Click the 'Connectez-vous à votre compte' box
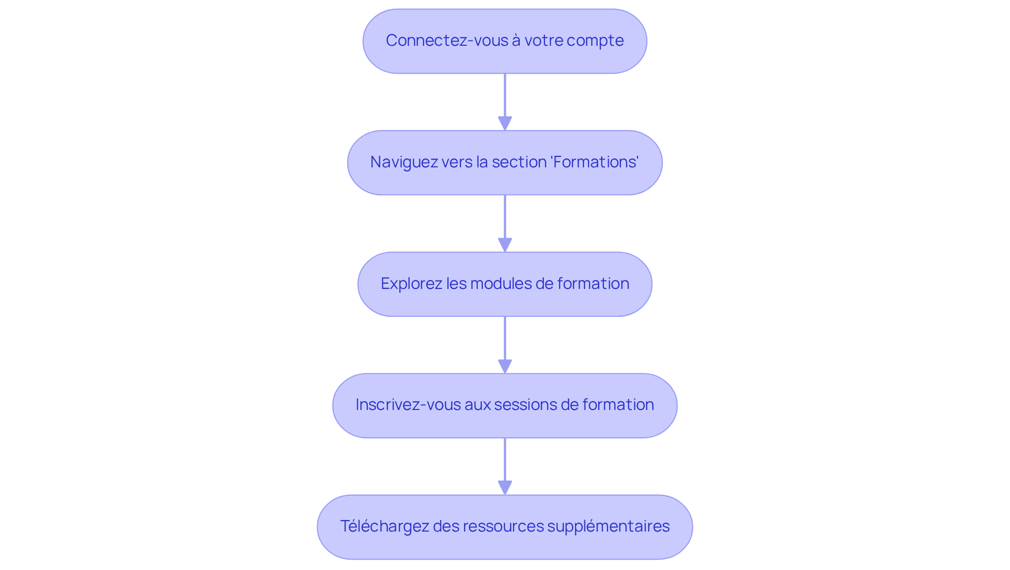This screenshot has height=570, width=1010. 504,41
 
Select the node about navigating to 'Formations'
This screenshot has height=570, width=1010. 504,163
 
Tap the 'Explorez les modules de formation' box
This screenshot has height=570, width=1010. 504,284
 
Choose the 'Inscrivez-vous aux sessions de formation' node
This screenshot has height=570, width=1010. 504,405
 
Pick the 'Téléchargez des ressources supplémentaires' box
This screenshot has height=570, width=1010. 504,527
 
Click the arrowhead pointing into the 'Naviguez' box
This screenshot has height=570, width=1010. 505,123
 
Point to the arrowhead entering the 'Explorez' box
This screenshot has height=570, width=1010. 505,245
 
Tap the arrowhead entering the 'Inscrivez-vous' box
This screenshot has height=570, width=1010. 505,366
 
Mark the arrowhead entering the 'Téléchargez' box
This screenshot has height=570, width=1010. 505,487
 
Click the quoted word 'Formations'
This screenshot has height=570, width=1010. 594,162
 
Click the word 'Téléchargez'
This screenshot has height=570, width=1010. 385,526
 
